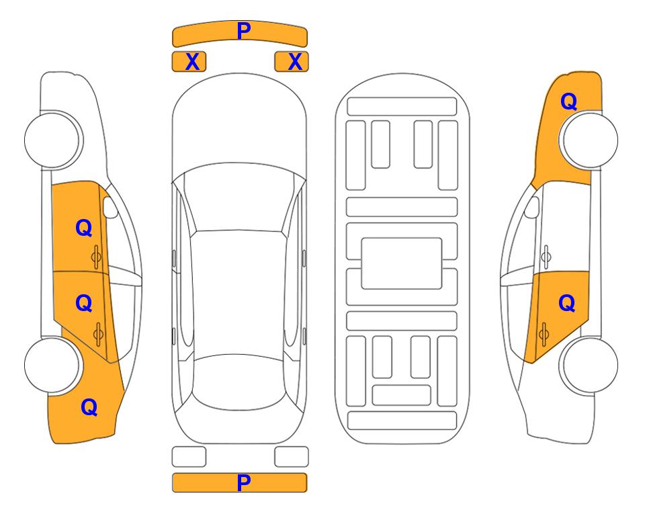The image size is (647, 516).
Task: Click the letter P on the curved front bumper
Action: point(244,31)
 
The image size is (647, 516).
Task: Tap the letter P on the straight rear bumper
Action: point(244,482)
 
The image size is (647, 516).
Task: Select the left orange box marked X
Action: point(189,62)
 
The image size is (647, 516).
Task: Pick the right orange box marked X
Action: point(292,62)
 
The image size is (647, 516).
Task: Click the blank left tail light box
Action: point(189,457)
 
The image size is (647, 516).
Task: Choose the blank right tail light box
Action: point(292,457)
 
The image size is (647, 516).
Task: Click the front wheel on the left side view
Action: point(52,140)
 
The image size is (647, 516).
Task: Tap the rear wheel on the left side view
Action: point(52,365)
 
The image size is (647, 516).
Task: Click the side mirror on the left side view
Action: point(110,207)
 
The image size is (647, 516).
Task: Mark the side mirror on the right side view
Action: point(532,207)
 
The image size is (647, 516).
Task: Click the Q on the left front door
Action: point(84,228)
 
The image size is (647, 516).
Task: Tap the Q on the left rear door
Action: point(84,304)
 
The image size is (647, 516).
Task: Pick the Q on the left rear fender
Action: point(89,407)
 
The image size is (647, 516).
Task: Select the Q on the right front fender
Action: point(568,101)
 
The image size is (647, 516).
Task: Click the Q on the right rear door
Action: point(567,304)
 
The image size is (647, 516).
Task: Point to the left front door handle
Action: point(97,257)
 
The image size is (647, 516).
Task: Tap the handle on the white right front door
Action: point(546,257)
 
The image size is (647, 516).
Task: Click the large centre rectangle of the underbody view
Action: point(402,263)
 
